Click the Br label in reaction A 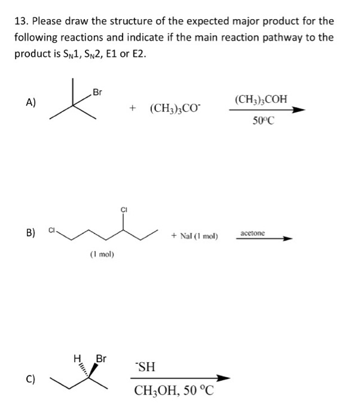click(x=97, y=92)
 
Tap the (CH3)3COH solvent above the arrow click(x=261, y=99)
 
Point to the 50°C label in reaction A click(x=263, y=121)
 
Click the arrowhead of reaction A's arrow click(x=298, y=110)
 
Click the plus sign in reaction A click(x=133, y=108)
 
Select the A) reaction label click(x=30, y=102)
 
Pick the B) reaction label click(x=30, y=232)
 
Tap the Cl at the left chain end click(x=51, y=230)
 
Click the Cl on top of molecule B click(x=124, y=209)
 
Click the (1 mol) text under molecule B click(x=102, y=254)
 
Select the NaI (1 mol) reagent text click(x=199, y=236)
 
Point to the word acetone click(x=252, y=233)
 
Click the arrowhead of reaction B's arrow click(x=288, y=239)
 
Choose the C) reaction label click(x=30, y=379)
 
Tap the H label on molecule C click(x=77, y=358)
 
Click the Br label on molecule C click(x=101, y=359)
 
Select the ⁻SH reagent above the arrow click(x=145, y=366)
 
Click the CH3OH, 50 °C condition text click(x=174, y=390)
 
